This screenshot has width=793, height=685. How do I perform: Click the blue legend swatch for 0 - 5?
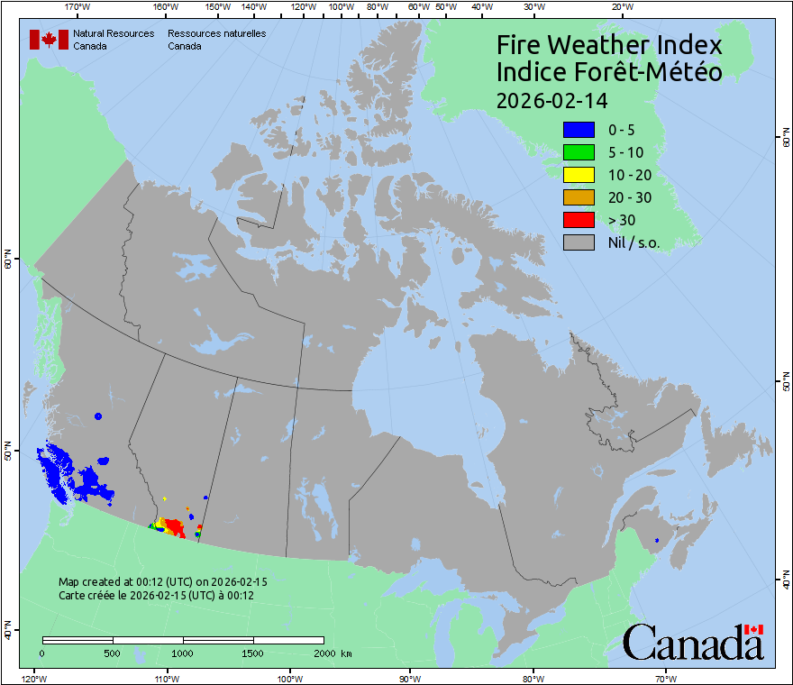[x=579, y=130]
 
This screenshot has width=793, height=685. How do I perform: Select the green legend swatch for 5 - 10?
[x=579, y=152]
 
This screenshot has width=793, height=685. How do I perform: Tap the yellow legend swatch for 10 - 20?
[x=579, y=175]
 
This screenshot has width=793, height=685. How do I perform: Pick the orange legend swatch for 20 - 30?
[x=579, y=197]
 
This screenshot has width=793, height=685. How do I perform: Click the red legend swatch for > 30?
[x=579, y=220]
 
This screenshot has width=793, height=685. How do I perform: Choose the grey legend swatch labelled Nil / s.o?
[x=579, y=242]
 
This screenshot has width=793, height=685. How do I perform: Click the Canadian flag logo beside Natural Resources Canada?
[x=49, y=40]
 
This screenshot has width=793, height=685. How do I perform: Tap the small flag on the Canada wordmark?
[x=754, y=628]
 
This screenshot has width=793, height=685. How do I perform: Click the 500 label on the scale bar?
[x=113, y=653]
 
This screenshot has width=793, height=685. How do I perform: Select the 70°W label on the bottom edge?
[x=664, y=678]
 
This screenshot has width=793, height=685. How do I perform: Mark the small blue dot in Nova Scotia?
[x=657, y=540]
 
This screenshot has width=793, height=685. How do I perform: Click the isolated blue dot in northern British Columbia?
[x=97, y=416]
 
